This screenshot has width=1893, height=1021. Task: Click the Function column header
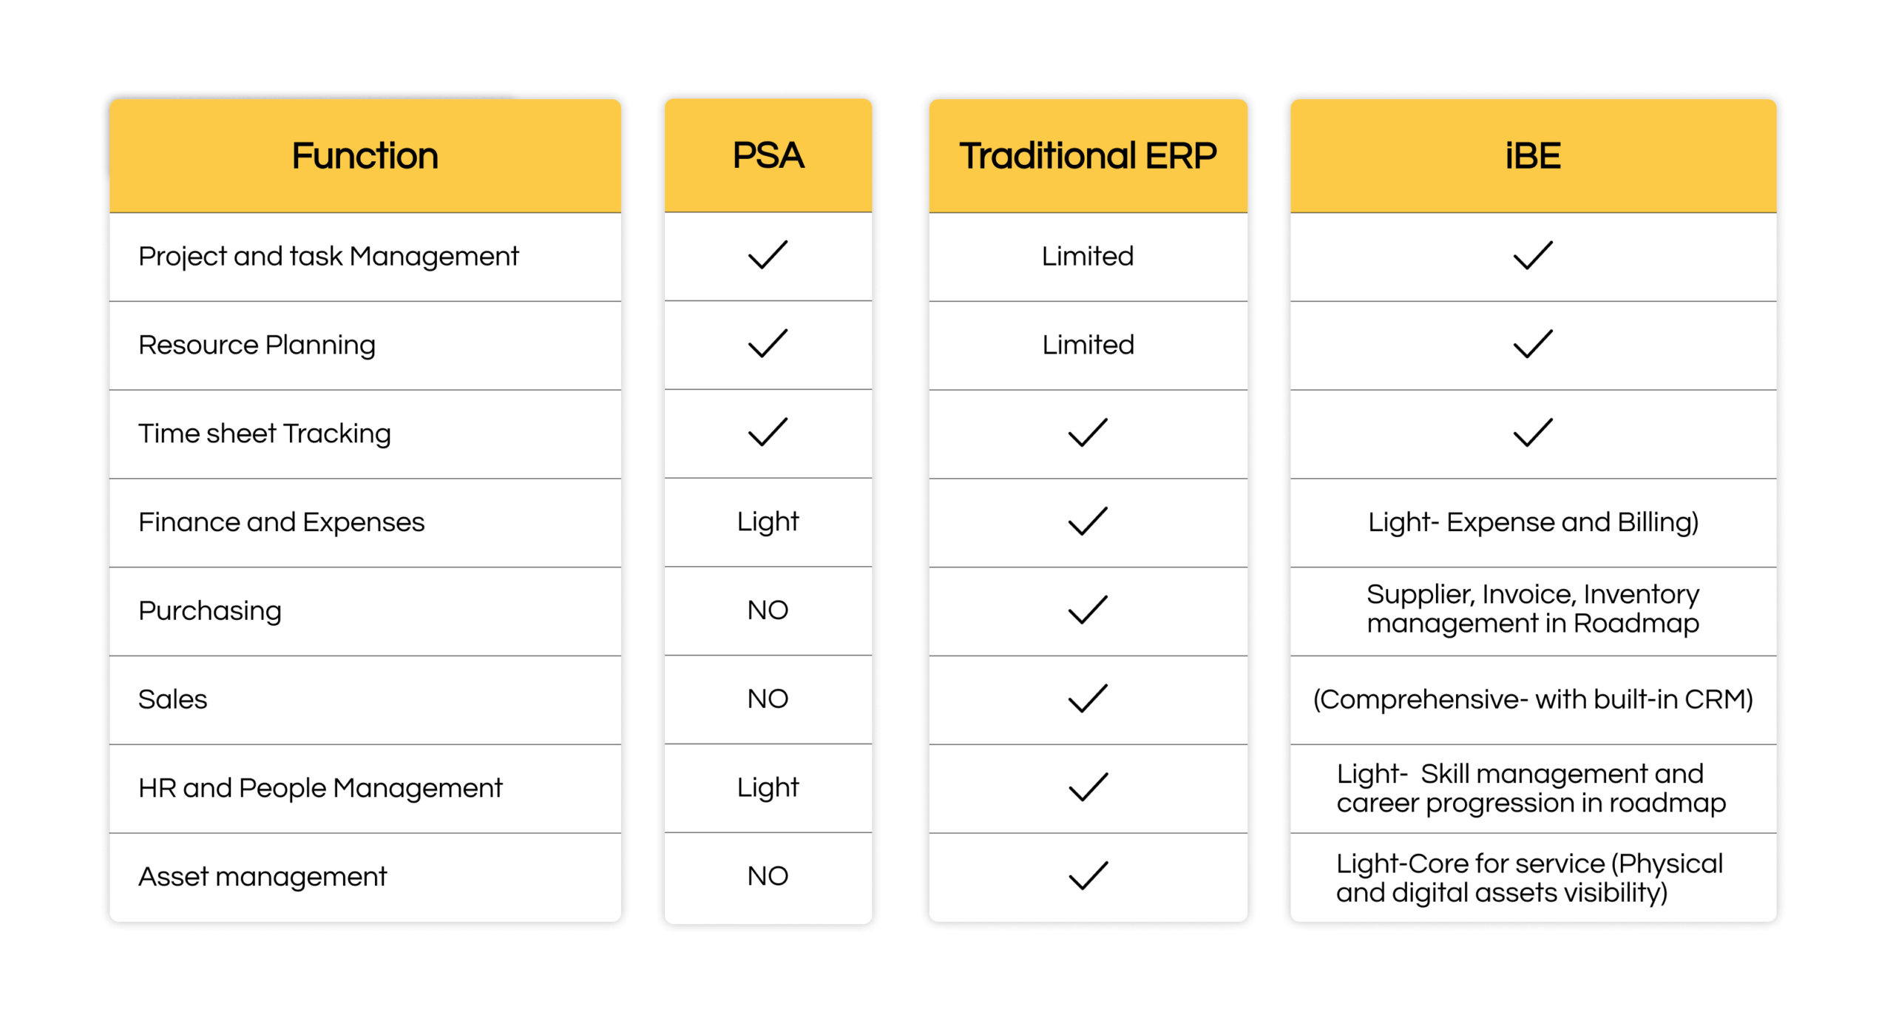coord(365,156)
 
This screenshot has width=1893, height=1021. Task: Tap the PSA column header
coord(768,156)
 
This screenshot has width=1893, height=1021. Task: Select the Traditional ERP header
coord(1087,156)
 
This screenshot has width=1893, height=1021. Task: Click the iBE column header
coord(1532,156)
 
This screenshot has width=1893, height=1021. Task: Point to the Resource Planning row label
coord(257,345)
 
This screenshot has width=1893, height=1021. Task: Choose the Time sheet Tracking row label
coord(264,434)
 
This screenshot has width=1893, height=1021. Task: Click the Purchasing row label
coord(210,611)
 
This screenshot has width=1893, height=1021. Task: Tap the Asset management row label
coord(263,877)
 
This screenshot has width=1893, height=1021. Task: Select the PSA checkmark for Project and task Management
coord(768,255)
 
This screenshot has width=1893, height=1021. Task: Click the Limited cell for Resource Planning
coord(1087,345)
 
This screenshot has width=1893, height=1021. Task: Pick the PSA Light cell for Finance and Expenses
coord(768,522)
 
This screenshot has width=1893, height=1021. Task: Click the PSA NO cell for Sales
coord(768,698)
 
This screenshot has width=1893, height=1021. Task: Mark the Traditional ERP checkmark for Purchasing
coord(1087,610)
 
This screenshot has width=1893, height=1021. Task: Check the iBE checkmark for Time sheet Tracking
coord(1532,433)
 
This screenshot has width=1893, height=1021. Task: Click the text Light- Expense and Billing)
coord(1532,522)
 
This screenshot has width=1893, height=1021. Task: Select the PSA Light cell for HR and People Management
coord(768,787)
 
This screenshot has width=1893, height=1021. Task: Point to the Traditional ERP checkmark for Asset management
coord(1087,876)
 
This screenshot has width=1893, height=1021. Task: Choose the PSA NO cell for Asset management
coord(768,876)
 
